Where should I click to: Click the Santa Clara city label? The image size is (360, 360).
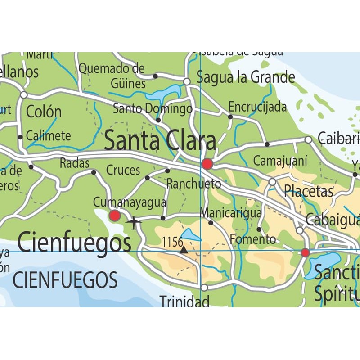point(160,141)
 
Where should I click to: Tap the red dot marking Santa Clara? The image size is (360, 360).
point(207,164)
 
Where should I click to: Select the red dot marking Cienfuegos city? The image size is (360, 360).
point(115,216)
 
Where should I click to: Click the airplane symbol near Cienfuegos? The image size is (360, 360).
point(134,222)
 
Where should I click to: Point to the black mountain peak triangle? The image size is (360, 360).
point(184,249)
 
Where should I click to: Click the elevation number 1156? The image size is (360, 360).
point(172,242)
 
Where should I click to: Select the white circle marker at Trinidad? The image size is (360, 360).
point(204,287)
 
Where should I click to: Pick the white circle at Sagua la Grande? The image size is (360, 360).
point(187,81)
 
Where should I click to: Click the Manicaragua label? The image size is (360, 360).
point(231,213)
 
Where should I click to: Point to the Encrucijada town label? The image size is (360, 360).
point(257,107)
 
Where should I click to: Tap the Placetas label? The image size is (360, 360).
point(308,191)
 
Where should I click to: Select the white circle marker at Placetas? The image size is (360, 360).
point(272,182)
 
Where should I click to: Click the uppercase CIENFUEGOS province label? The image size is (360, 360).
point(65,280)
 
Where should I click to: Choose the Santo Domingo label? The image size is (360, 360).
point(153,109)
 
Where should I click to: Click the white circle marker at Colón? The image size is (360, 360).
point(24,95)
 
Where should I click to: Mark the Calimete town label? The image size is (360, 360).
point(48,135)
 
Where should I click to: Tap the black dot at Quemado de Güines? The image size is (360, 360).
point(155,76)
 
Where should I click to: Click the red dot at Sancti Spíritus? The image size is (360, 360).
point(305,252)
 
